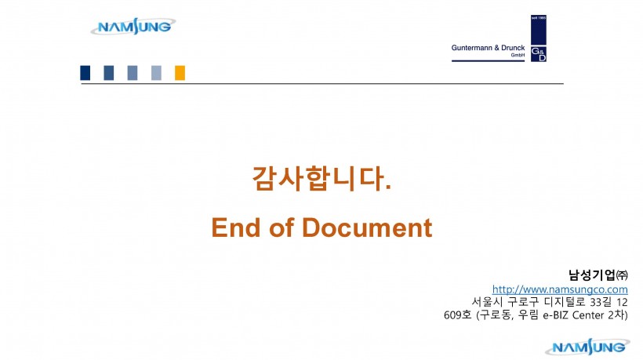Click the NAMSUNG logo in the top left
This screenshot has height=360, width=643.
tap(133, 26)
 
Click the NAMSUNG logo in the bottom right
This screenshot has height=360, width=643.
tap(587, 347)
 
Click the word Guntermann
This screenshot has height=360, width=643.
tap(471, 48)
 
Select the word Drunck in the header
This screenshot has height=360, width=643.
tap(513, 48)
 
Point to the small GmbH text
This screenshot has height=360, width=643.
tap(518, 55)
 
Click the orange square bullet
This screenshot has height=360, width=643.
tap(180, 73)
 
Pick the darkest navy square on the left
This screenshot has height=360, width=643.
tap(85, 73)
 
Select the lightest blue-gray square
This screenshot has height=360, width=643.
tap(156, 73)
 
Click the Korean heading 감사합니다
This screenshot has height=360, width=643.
tap(321, 178)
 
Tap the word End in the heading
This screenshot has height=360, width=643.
tap(236, 227)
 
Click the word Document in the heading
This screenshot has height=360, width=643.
tap(367, 227)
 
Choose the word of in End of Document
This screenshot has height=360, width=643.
tap(282, 227)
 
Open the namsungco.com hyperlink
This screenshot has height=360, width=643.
tap(560, 289)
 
